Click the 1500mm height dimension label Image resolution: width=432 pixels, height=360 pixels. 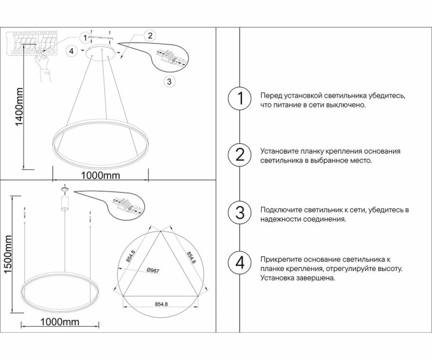coord(9,256)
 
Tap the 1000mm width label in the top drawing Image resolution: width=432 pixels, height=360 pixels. coord(101,175)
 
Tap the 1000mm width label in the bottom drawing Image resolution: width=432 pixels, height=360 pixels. coord(60,322)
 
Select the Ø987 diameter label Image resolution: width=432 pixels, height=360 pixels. coord(154,270)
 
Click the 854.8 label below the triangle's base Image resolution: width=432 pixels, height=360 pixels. coord(162,303)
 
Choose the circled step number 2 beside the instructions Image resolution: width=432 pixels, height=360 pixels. coord(240,154)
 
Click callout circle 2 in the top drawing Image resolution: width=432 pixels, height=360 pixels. coord(150,35)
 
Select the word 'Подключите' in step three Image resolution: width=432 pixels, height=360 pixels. coord(281,210)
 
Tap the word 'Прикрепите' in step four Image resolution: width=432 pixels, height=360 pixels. coord(281,259)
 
